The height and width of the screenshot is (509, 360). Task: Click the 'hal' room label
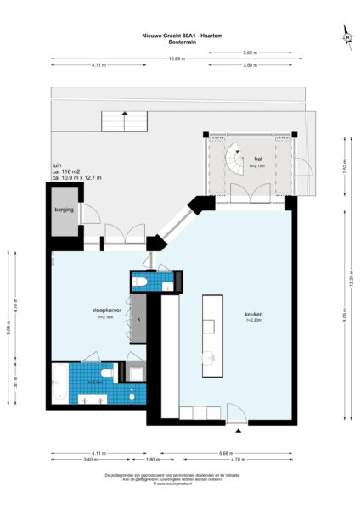coord(257,159)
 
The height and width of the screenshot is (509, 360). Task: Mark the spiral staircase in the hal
coord(233,158)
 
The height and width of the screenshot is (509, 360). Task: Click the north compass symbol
coord(346,36)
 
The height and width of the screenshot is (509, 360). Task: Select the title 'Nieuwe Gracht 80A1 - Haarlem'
coord(179,36)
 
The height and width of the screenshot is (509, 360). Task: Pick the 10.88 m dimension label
coord(176,59)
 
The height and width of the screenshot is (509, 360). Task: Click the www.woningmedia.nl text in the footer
coord(179,485)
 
